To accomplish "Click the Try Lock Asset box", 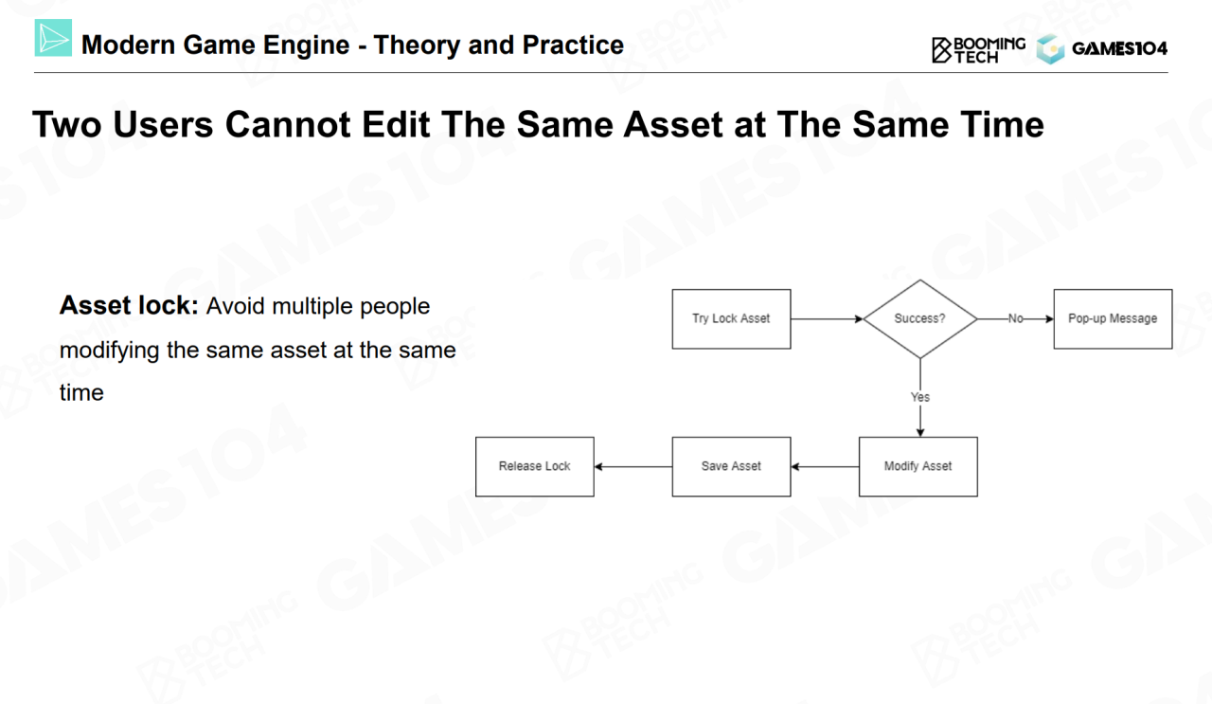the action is [x=731, y=319].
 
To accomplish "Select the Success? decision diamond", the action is [x=919, y=319].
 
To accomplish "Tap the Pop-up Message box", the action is [x=1113, y=319].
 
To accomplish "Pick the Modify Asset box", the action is [x=918, y=466].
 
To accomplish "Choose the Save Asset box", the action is [x=731, y=466].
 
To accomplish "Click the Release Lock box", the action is [x=535, y=466].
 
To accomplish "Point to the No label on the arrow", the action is [x=1016, y=318].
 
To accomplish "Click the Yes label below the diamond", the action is [x=919, y=397].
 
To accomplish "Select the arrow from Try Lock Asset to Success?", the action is [x=827, y=319].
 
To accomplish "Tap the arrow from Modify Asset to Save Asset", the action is [x=825, y=466].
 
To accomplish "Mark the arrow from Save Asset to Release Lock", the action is [x=633, y=466].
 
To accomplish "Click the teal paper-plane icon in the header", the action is [x=53, y=38].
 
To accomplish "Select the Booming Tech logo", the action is [x=978, y=50].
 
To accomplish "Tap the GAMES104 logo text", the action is [x=1119, y=48].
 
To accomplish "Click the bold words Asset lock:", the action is [x=129, y=305].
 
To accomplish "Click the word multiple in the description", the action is [x=312, y=307].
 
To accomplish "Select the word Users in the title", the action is [x=163, y=124].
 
